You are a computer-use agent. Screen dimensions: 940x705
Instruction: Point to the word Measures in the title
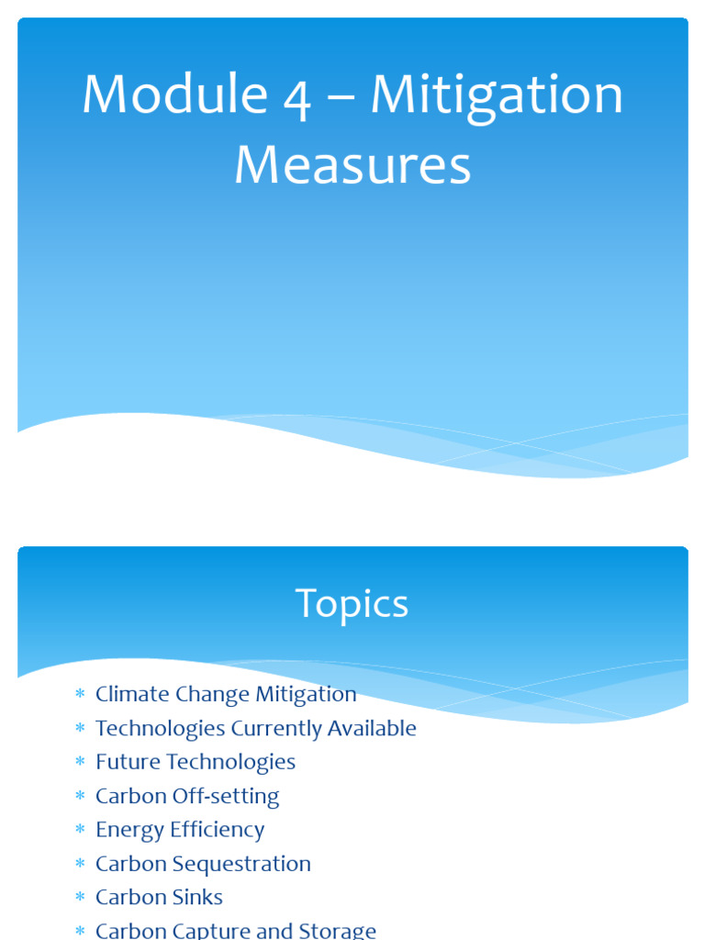click(352, 166)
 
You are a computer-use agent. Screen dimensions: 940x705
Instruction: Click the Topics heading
click(352, 605)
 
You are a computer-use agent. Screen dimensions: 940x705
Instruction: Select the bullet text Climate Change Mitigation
click(226, 694)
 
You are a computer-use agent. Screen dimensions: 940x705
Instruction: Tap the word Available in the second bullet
click(373, 728)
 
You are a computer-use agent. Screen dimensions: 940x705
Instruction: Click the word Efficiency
click(218, 830)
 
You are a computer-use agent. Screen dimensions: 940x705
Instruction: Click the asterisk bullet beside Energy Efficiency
click(80, 831)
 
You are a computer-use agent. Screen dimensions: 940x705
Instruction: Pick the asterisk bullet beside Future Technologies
click(80, 763)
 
